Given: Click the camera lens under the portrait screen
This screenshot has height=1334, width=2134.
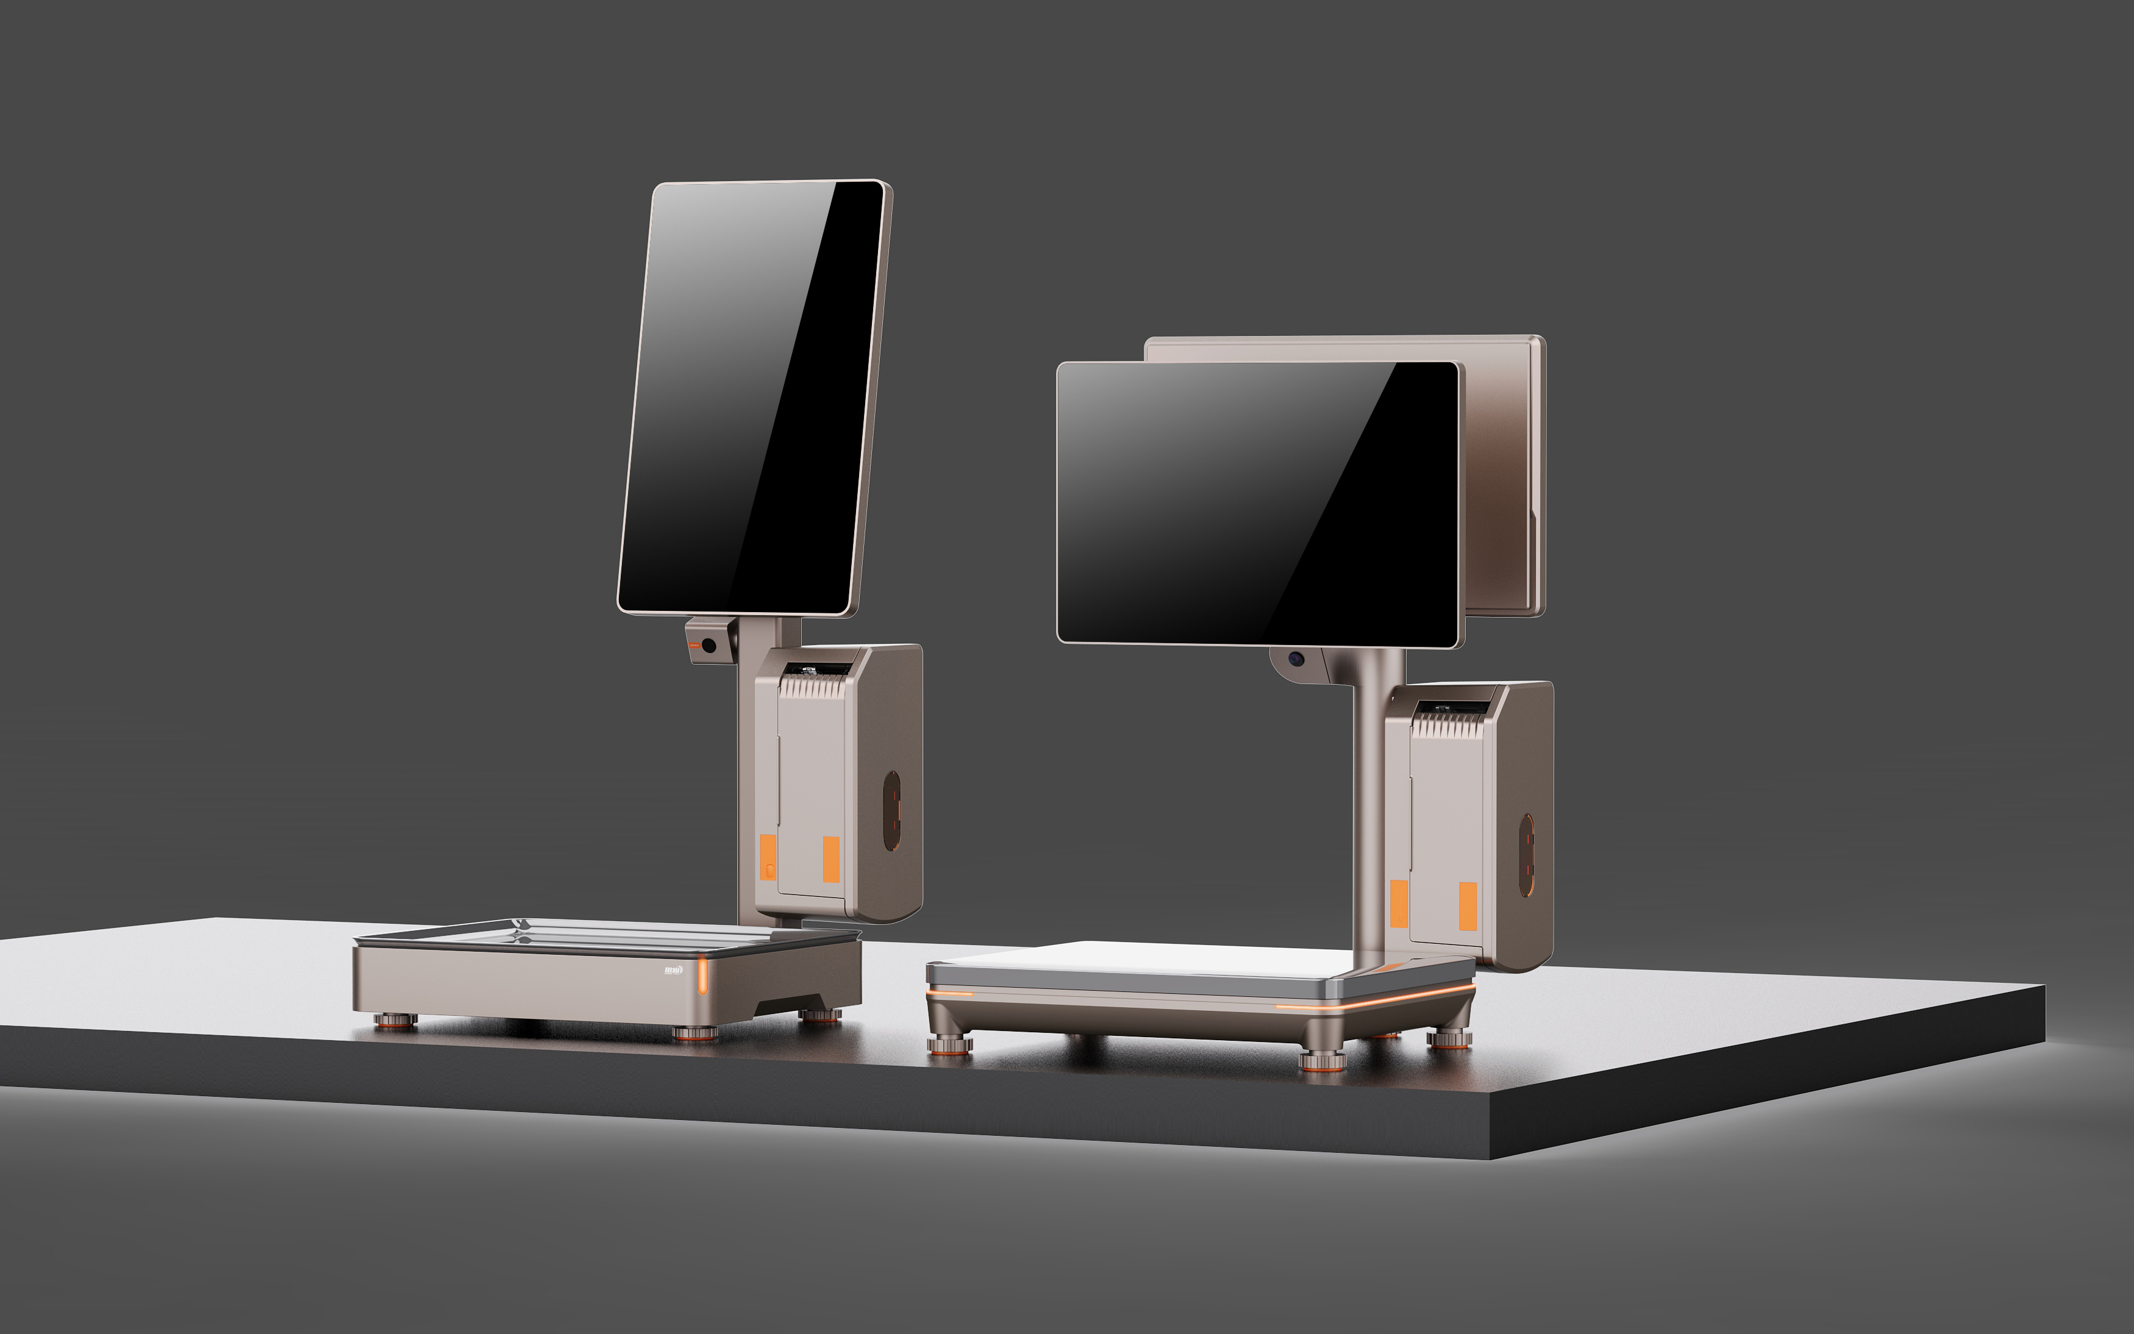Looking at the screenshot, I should point(708,646).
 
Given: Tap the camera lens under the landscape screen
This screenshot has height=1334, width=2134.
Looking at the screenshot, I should point(1296,659).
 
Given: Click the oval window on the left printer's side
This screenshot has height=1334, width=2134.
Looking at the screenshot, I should point(892,811).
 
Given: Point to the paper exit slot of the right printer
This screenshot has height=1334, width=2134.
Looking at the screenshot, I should point(1451,708).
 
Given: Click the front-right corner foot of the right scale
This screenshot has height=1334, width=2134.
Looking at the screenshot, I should point(1321,1059).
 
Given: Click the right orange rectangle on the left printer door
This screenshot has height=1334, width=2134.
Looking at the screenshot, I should point(831,859).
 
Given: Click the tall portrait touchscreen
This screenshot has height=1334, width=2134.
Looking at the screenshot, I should point(752,397).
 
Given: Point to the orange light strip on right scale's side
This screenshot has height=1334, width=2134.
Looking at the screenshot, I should point(1376,1002).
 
